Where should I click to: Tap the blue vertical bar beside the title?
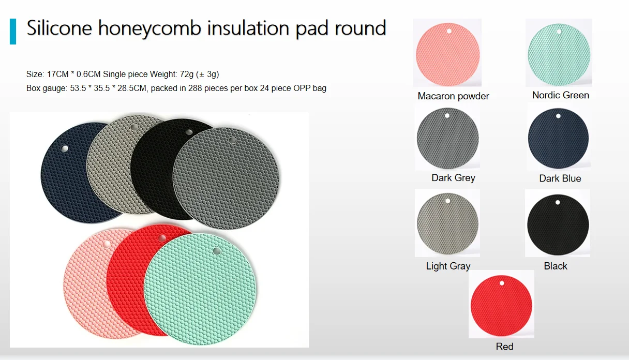click(13, 31)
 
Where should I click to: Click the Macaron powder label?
click(453, 96)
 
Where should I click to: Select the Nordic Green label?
click(560, 95)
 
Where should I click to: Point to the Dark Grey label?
click(453, 178)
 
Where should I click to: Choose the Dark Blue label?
click(560, 178)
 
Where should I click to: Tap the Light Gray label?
click(448, 266)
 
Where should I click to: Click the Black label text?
click(556, 266)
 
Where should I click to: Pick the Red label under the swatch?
click(504, 347)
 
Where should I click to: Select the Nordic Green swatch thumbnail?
click(559, 54)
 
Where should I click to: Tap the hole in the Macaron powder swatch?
click(449, 32)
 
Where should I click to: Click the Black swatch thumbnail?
click(558, 226)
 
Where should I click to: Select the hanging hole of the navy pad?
click(64, 149)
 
